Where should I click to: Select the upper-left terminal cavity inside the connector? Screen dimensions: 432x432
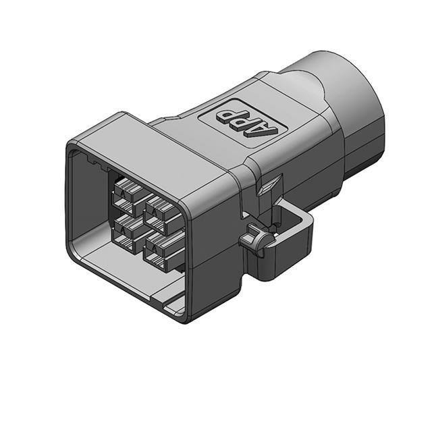126,192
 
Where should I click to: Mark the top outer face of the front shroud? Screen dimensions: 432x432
155,142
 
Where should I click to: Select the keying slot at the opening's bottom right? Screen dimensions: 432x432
174,304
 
